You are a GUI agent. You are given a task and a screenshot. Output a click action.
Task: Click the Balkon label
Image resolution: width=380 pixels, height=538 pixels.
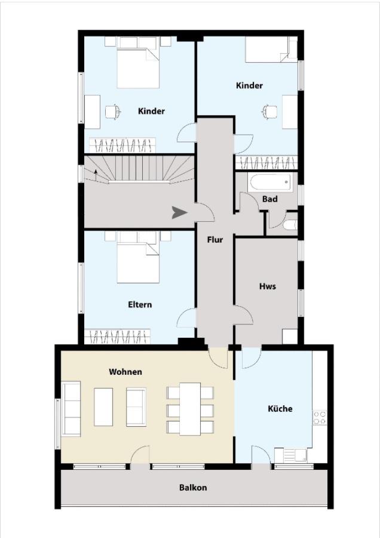(x=193, y=488)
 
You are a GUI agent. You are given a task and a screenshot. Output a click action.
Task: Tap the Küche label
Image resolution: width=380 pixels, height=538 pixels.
(x=280, y=408)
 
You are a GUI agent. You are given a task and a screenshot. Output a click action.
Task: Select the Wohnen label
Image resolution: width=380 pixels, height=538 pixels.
(x=125, y=372)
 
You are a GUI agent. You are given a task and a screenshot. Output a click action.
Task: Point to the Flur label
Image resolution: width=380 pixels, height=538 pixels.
(x=215, y=240)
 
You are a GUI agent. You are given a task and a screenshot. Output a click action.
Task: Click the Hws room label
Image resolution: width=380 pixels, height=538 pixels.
(x=268, y=286)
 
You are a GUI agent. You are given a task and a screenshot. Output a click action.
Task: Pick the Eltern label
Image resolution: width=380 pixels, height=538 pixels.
(x=140, y=304)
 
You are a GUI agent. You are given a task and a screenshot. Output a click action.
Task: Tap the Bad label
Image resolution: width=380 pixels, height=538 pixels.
(x=270, y=198)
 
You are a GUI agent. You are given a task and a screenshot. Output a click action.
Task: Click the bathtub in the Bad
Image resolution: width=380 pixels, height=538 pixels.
(x=271, y=182)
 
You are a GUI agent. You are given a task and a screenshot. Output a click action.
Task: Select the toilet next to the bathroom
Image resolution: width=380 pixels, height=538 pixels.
(x=290, y=225)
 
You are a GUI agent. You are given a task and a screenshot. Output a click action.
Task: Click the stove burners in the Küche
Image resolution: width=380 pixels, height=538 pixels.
(x=320, y=417)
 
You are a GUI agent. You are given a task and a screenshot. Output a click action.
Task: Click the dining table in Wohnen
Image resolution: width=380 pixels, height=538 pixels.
(x=190, y=409)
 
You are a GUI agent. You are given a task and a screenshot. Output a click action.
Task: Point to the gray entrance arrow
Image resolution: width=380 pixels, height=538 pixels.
(x=179, y=213)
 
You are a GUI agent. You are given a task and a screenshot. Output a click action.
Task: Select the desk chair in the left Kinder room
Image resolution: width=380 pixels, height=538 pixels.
(x=113, y=112)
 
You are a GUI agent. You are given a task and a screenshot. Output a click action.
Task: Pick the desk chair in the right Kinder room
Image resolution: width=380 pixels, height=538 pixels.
(x=269, y=112)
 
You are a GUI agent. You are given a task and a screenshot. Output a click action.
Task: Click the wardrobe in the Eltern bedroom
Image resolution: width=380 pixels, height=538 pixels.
(x=118, y=337)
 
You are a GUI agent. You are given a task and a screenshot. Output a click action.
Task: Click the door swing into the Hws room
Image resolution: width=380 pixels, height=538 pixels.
(x=244, y=314)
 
